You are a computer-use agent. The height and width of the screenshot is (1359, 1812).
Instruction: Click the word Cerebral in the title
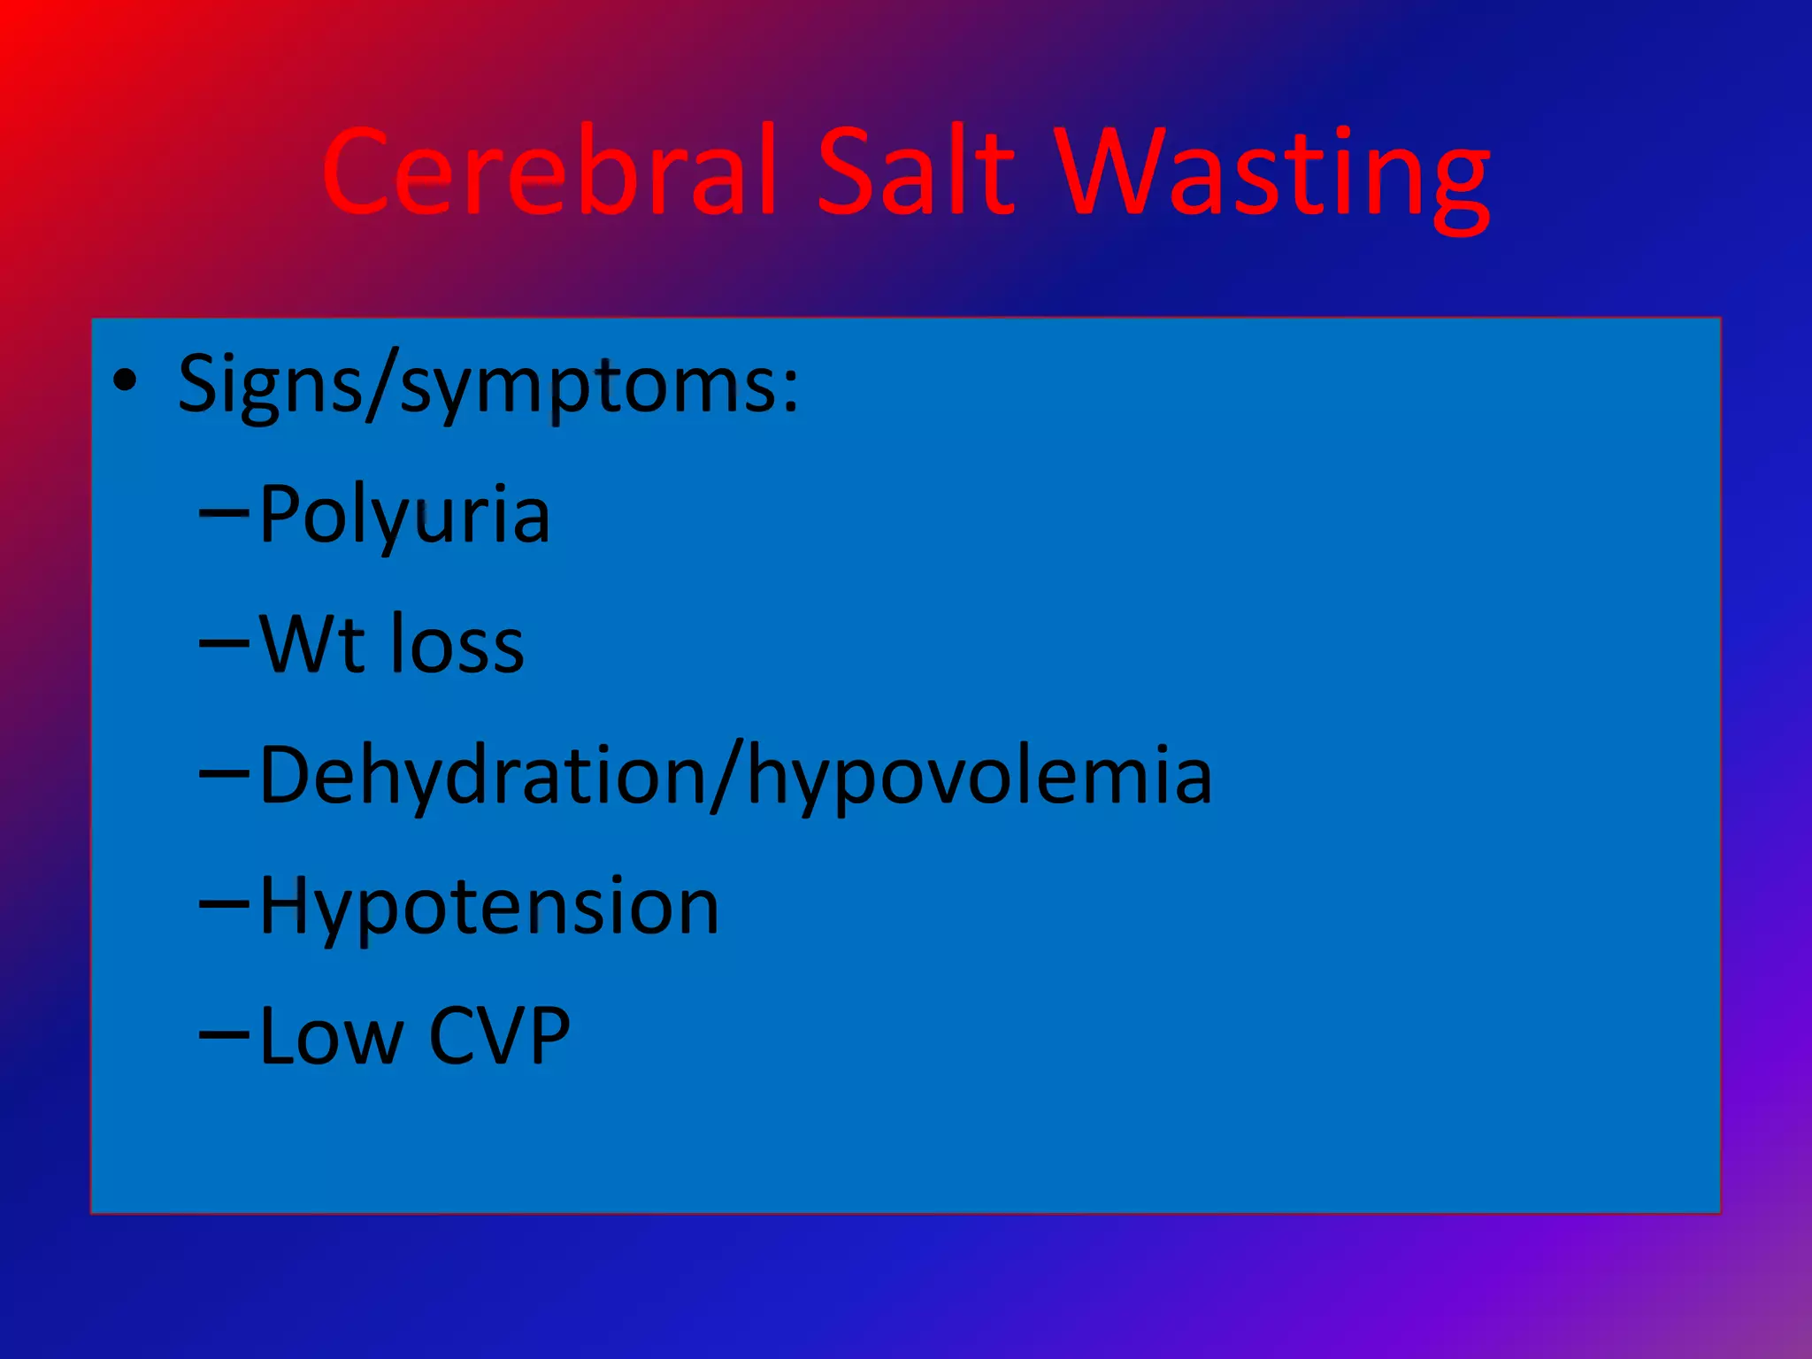click(x=549, y=173)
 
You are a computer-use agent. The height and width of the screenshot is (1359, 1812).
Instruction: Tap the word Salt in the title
click(x=916, y=173)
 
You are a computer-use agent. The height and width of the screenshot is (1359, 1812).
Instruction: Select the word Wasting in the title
click(x=1274, y=177)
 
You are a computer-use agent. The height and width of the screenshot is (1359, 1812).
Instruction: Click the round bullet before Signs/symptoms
click(x=126, y=381)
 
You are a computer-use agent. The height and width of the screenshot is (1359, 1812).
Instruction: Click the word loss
click(x=457, y=644)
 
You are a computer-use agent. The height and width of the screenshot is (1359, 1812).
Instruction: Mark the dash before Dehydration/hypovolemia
click(x=224, y=773)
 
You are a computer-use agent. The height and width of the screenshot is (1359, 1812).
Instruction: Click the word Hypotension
click(x=489, y=908)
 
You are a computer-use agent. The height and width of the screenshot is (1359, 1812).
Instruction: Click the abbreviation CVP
click(x=499, y=1036)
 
